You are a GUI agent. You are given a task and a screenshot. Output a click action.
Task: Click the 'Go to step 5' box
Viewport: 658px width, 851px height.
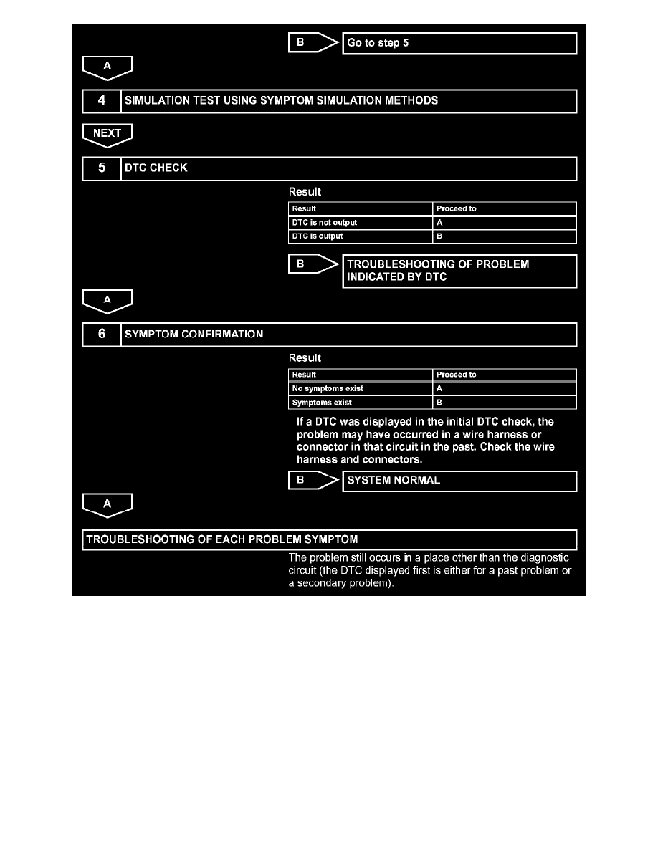[x=460, y=43]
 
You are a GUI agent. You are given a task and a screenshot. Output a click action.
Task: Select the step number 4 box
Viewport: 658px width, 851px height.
[x=101, y=101]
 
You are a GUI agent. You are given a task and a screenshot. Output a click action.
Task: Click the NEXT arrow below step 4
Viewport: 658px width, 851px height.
[x=107, y=133]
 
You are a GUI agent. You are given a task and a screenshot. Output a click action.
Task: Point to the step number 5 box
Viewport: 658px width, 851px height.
[x=101, y=168]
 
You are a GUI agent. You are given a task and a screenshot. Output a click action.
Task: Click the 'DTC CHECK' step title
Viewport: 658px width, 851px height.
[x=156, y=168]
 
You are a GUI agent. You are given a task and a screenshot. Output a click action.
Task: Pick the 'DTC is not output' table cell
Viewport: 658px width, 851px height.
[x=361, y=223]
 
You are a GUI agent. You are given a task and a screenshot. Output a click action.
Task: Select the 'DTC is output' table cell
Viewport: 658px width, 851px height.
[x=361, y=236]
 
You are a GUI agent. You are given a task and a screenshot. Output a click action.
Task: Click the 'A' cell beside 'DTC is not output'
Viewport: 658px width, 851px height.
[x=505, y=223]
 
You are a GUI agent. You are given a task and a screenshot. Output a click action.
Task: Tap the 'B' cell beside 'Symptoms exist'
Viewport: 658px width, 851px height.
[x=505, y=403]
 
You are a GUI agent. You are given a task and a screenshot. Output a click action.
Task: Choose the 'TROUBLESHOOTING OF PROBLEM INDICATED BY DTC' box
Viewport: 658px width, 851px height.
[x=460, y=271]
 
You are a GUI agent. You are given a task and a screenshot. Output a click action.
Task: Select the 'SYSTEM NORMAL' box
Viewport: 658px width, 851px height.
[x=460, y=481]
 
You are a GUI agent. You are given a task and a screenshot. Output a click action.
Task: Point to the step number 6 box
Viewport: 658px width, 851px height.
[x=101, y=335]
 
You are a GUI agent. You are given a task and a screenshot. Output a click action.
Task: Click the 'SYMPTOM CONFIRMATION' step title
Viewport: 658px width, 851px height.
[x=194, y=335]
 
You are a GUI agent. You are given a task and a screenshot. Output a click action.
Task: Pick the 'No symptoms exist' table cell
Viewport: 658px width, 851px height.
[x=361, y=389]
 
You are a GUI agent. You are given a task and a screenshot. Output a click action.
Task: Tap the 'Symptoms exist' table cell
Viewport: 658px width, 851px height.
[x=361, y=403]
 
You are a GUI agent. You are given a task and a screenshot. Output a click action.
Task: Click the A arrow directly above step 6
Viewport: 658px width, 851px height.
[x=107, y=300]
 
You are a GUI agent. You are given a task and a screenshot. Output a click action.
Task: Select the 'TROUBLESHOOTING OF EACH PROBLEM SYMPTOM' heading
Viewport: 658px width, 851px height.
[x=222, y=539]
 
